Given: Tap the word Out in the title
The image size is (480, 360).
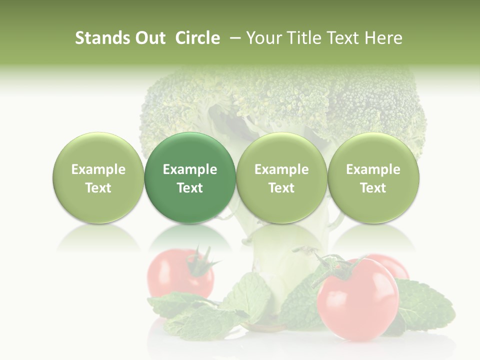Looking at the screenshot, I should coord(149,38).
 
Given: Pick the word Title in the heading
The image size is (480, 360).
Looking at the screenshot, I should coord(303,38).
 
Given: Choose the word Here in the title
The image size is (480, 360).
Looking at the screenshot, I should coord(384,38).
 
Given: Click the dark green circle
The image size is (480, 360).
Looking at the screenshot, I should coord(190,177).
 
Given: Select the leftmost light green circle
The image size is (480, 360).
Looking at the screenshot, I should coord(98,177).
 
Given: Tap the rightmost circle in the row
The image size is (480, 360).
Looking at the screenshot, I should coord(373,177).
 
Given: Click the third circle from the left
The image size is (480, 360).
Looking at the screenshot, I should coord(281,177).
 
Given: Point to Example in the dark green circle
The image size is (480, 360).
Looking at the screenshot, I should coord(190,169).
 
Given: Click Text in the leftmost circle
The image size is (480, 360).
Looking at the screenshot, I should coord(98,188).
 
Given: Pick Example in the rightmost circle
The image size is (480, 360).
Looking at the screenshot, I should coord(373,169).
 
